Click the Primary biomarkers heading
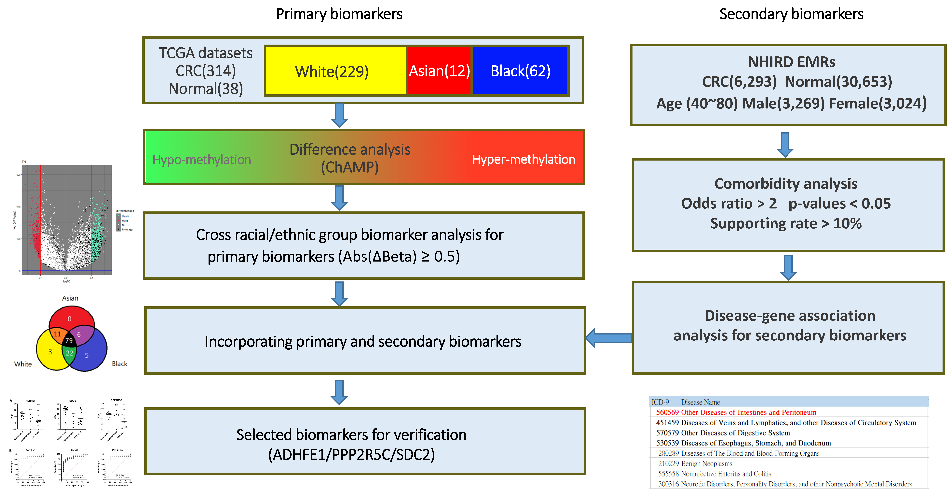(339, 14)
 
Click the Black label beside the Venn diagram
(119, 364)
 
